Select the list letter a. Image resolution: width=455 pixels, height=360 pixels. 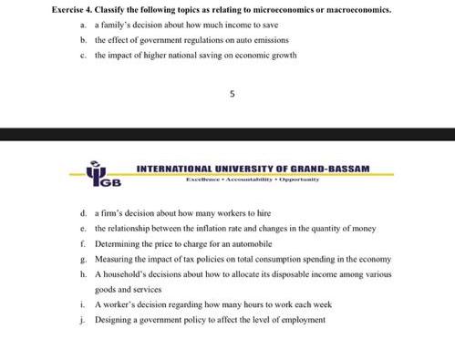pos(83,26)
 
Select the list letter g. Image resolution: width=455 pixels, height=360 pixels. pos(83,259)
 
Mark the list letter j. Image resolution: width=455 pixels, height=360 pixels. pos(83,320)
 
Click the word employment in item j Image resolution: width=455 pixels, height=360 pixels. pos(305,320)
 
